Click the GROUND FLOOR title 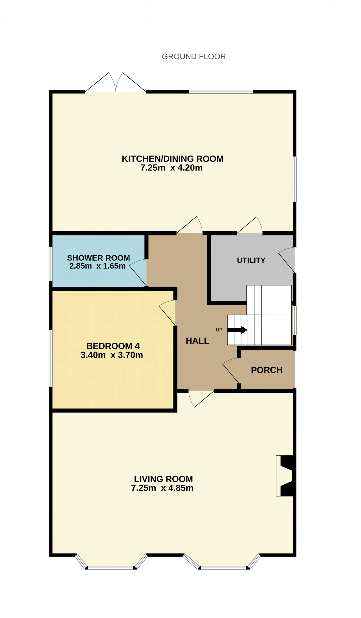(x=194, y=57)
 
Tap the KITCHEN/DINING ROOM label (x=173, y=159)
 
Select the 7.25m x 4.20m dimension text (x=171, y=168)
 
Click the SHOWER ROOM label (x=98, y=258)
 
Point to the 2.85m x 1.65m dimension (x=97, y=266)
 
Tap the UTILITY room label (x=251, y=260)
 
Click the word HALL (x=197, y=341)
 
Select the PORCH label (x=267, y=370)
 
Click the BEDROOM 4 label (x=113, y=346)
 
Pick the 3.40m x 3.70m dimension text (x=112, y=355)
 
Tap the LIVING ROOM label (x=163, y=479)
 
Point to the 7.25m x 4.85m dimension (x=162, y=488)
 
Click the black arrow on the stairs (x=237, y=330)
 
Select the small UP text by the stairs (x=219, y=330)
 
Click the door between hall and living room (x=201, y=398)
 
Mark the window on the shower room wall (x=51, y=264)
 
